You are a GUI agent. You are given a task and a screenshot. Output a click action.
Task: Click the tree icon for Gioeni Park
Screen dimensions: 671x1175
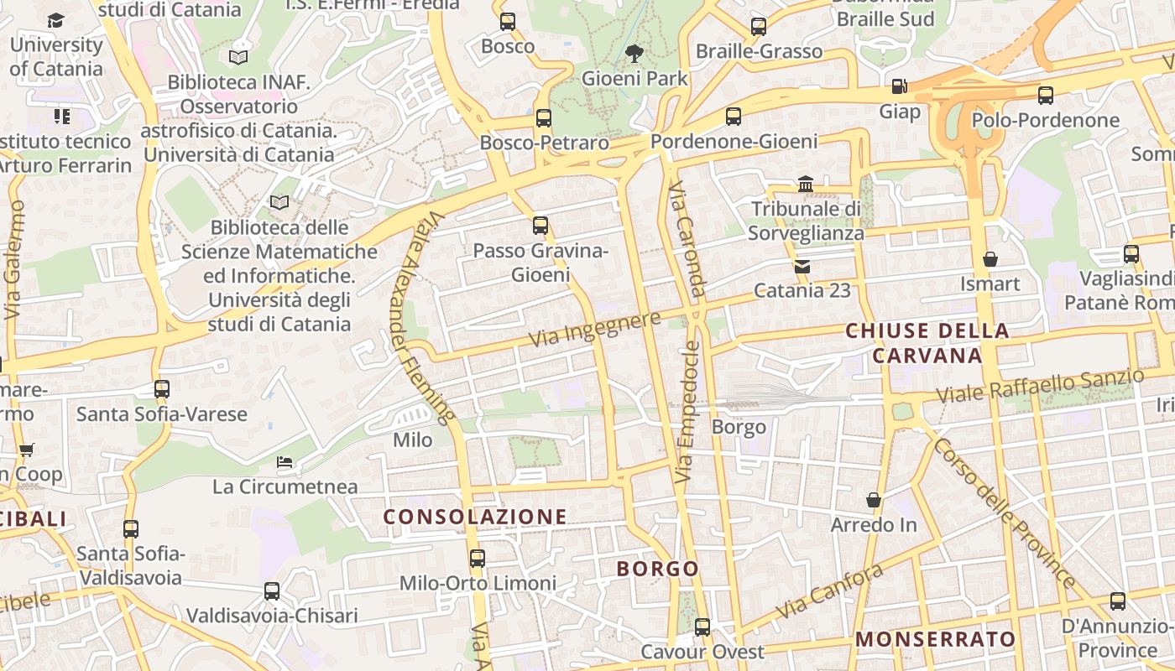[634, 54]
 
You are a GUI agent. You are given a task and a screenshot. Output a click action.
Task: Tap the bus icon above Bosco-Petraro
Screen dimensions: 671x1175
[544, 118]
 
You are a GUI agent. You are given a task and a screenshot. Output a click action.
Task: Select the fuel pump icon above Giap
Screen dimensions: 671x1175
[899, 86]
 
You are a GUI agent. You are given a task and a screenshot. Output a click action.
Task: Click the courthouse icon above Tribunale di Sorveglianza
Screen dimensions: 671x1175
[806, 184]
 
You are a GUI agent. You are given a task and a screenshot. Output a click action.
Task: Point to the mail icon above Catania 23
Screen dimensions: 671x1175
[802, 267]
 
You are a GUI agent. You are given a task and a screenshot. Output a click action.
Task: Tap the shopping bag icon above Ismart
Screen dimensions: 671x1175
[990, 259]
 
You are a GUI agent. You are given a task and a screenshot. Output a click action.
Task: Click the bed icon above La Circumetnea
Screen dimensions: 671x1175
[285, 462]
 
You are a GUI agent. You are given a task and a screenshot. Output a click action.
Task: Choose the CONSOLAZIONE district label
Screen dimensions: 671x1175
[475, 517]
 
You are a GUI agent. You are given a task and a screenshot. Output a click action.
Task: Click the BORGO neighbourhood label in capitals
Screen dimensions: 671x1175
[658, 569]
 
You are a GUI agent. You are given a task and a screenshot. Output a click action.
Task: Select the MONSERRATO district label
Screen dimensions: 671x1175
[935, 639]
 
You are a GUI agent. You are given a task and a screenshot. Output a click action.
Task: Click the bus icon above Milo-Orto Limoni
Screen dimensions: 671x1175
[478, 558]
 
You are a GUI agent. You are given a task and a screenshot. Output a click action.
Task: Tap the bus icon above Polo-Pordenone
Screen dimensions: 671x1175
[1045, 96]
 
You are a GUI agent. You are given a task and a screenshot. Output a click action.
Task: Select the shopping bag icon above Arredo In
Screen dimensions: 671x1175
[874, 500]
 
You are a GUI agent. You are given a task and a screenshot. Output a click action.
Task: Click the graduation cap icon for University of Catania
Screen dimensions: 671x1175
[55, 20]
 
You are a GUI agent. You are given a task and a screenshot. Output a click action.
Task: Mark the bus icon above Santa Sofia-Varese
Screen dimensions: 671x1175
[162, 389]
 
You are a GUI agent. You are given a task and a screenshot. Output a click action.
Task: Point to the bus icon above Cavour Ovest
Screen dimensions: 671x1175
[702, 627]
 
